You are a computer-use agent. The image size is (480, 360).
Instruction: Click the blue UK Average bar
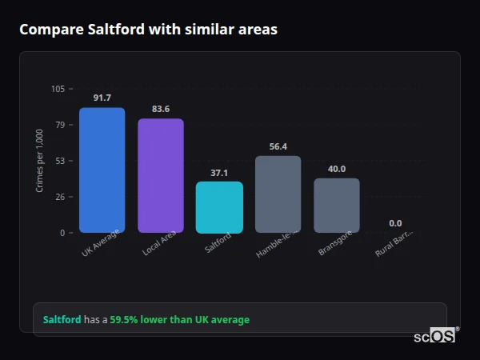(102, 170)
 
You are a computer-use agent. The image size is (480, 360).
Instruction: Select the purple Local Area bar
(161, 176)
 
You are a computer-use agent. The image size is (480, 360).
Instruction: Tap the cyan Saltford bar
(219, 207)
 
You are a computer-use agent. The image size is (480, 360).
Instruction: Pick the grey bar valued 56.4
(278, 194)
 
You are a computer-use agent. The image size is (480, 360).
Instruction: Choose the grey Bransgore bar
(337, 206)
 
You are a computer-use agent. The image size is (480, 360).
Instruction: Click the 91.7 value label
(102, 98)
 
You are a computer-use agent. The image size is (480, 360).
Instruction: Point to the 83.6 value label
(161, 109)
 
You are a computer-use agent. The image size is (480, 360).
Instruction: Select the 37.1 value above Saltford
(219, 172)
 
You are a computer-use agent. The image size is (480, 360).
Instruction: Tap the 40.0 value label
(337, 169)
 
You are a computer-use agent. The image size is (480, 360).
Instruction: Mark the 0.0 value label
(395, 223)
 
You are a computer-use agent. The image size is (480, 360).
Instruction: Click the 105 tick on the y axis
(58, 89)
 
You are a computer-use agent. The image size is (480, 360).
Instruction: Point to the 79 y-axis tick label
(60, 125)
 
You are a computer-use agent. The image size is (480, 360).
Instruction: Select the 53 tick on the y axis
(60, 161)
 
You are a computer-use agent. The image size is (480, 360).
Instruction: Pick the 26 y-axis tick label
(60, 197)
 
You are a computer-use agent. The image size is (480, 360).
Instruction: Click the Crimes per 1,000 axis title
(40, 161)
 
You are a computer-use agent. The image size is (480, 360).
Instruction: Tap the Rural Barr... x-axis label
(394, 245)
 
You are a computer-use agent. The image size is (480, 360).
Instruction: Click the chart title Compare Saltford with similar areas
(148, 30)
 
